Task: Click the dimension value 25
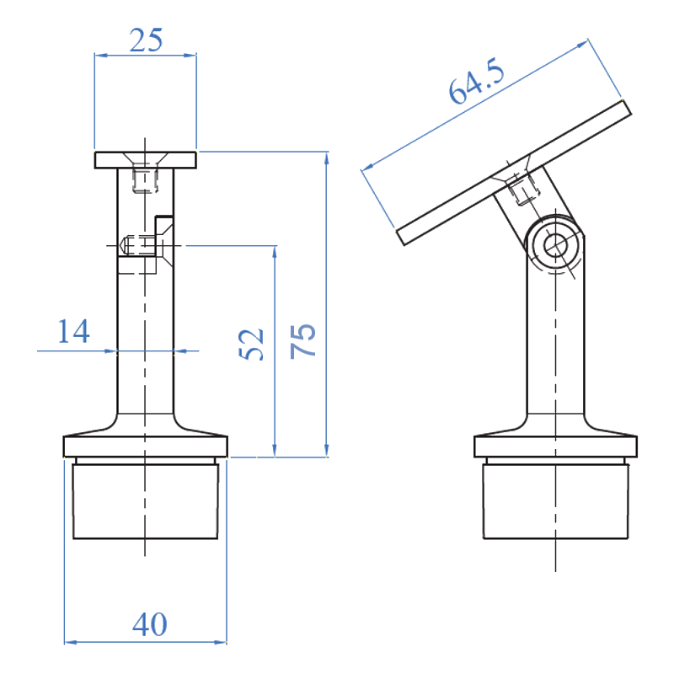144,40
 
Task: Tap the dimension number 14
74,332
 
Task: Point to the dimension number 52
252,343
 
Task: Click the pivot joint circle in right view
554,244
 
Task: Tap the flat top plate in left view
146,159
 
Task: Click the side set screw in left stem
136,247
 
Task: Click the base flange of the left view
146,444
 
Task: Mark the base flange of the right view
554,444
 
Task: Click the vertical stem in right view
554,354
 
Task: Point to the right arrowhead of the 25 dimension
193,56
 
